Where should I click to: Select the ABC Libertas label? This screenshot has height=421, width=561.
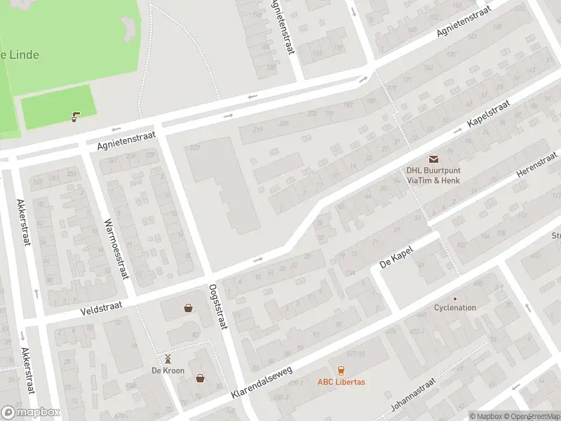tap(342, 382)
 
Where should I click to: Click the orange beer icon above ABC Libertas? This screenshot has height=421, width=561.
tap(342, 370)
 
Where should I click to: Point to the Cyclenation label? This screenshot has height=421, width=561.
tap(454, 308)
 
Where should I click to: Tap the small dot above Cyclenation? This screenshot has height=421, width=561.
tap(454, 298)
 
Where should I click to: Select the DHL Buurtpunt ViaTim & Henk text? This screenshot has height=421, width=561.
tap(433, 174)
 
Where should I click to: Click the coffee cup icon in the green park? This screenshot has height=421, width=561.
tap(74, 117)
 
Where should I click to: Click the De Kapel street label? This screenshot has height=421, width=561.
tap(397, 257)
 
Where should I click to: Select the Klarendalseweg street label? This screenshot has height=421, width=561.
tap(260, 382)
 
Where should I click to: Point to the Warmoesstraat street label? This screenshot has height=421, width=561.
tap(116, 247)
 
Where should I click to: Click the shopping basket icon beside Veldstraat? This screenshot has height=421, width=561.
tap(188, 307)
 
